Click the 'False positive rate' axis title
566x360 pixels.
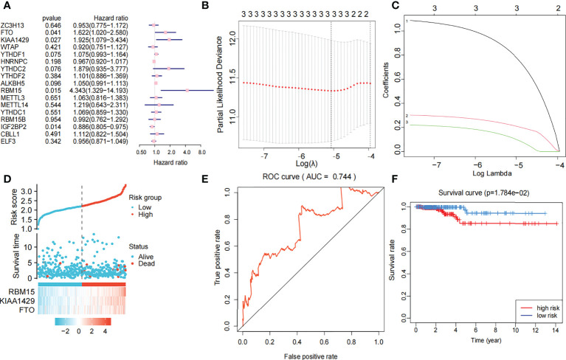(309, 356)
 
